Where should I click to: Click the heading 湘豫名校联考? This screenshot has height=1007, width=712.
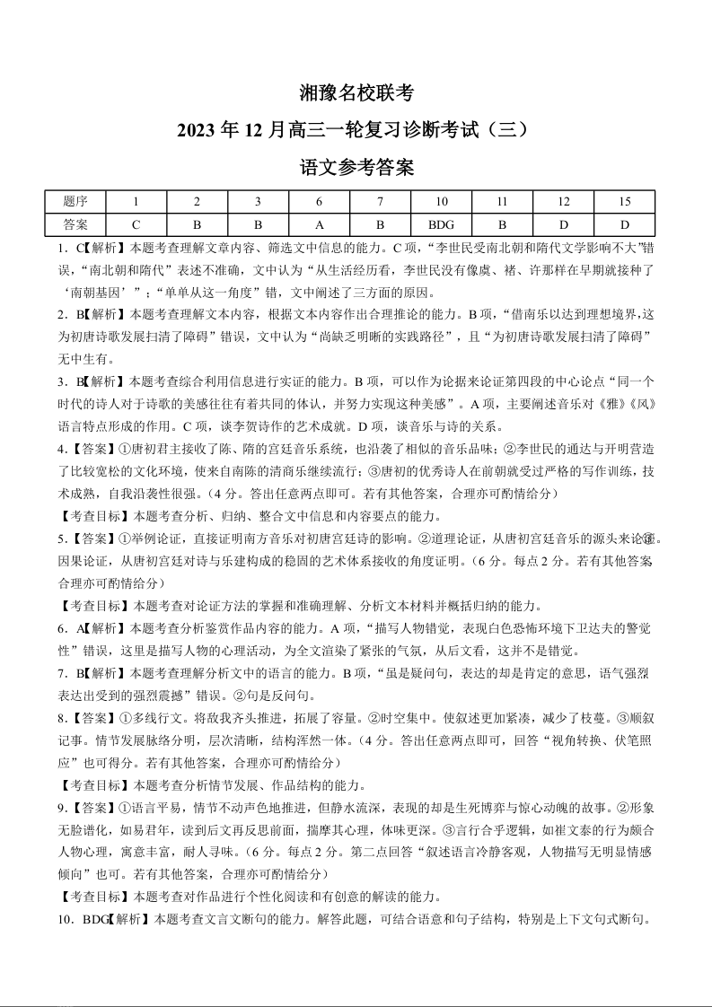(x=356, y=92)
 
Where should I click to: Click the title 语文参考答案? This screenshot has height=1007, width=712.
(x=356, y=167)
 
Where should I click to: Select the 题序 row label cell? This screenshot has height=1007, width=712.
(x=75, y=201)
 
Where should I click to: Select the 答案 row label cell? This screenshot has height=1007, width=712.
(x=75, y=223)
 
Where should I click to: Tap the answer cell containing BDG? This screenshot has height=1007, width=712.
(x=441, y=223)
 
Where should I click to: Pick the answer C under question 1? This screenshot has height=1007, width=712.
(x=136, y=223)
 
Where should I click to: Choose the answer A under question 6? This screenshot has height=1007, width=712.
(x=319, y=223)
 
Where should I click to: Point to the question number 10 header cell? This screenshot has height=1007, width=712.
(x=441, y=201)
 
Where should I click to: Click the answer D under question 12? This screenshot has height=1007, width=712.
(x=563, y=223)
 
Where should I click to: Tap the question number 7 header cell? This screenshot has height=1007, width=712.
(x=380, y=201)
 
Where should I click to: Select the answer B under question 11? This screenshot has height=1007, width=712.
(x=502, y=223)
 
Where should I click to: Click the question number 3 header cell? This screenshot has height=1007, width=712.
(x=258, y=201)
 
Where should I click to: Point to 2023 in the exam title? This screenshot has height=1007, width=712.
(x=209, y=130)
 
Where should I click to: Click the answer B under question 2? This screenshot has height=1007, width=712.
(x=197, y=223)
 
